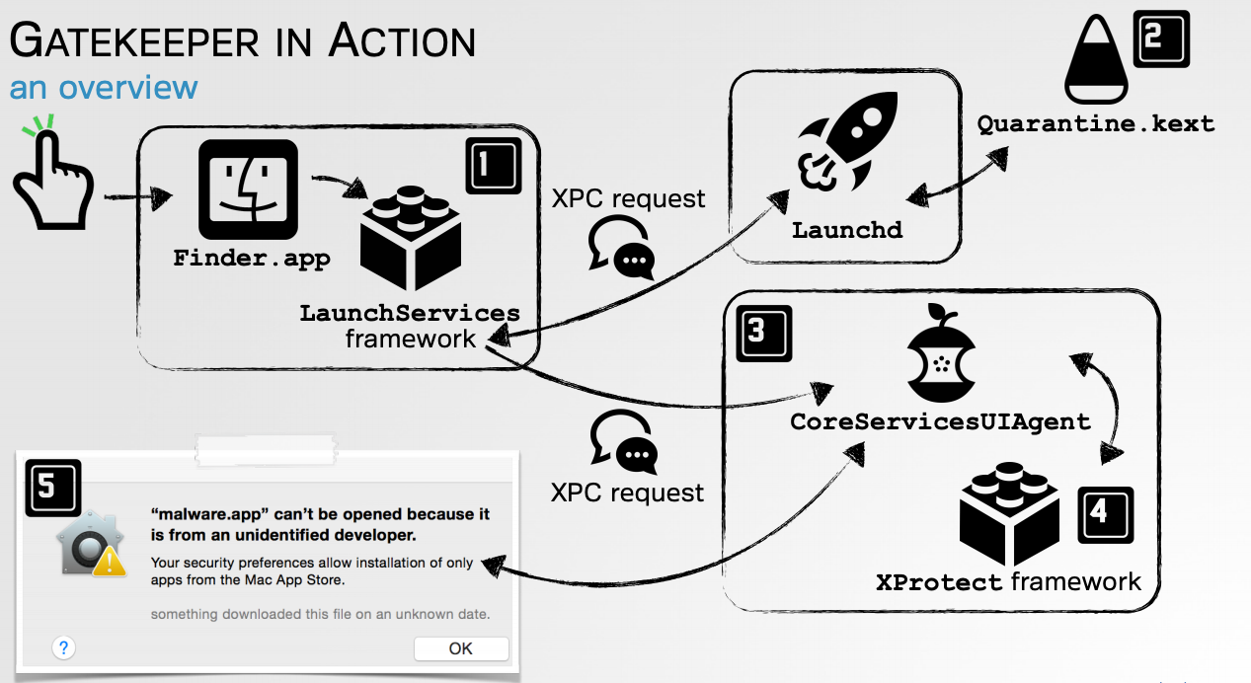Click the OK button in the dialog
click(x=461, y=648)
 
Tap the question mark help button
click(x=63, y=647)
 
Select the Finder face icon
click(x=247, y=191)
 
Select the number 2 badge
click(x=1161, y=38)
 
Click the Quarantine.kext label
click(x=1095, y=125)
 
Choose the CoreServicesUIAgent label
click(x=940, y=421)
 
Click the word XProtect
click(x=939, y=582)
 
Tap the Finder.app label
click(x=252, y=259)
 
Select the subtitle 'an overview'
click(x=104, y=88)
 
